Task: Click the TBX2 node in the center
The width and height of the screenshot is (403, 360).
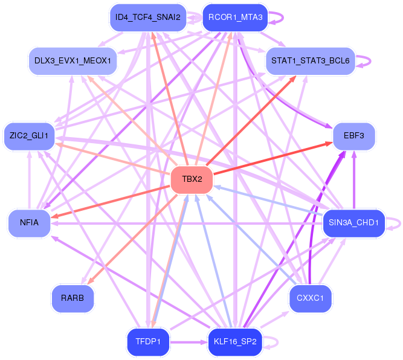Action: coord(192,179)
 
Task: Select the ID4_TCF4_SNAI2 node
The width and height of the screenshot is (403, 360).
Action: coord(147,17)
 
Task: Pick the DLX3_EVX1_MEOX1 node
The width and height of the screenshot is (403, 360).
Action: coord(73,61)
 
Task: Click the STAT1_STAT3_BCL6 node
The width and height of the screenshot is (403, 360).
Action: coord(310,61)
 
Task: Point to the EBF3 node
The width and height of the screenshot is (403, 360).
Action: coord(354,136)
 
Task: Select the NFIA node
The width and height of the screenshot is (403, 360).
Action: coord(29,222)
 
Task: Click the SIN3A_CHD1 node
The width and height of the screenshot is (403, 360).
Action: coord(353,222)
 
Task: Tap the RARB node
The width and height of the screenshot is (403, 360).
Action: coord(73,298)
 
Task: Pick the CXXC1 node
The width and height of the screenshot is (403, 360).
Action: coord(311,298)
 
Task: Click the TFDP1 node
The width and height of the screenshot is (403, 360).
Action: coord(147,341)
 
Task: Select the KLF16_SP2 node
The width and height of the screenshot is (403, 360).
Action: coord(235,341)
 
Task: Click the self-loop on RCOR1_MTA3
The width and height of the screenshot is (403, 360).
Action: coord(282,17)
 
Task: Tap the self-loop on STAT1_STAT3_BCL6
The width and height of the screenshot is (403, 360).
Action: coord(369,61)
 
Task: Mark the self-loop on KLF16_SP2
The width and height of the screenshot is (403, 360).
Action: coord(277,341)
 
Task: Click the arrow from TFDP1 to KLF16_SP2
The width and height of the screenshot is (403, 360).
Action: coord(189,342)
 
